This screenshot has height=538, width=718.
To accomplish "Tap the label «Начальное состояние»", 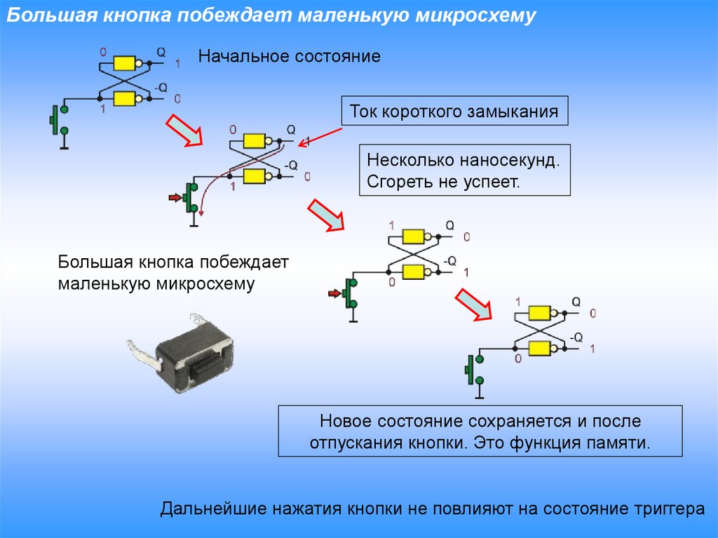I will (289, 56).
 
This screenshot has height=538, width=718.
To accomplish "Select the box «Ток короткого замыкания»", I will (454, 112).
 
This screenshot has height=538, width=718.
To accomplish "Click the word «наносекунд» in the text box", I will (508, 160).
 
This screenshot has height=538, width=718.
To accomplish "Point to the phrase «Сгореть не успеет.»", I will (443, 182).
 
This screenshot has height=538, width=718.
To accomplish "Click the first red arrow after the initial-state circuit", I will (183, 130).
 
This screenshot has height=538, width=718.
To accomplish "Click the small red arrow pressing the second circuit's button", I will (174, 199).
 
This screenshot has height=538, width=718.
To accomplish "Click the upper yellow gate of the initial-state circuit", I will (124, 64).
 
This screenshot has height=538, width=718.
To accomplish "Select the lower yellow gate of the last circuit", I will (539, 349).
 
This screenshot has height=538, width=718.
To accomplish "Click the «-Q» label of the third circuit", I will (449, 261).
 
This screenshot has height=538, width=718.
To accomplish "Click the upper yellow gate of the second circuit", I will (255, 141).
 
